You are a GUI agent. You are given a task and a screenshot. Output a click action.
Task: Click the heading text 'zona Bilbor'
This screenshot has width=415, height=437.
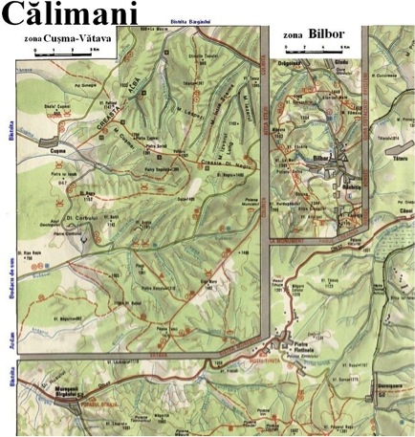(x=313, y=34)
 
